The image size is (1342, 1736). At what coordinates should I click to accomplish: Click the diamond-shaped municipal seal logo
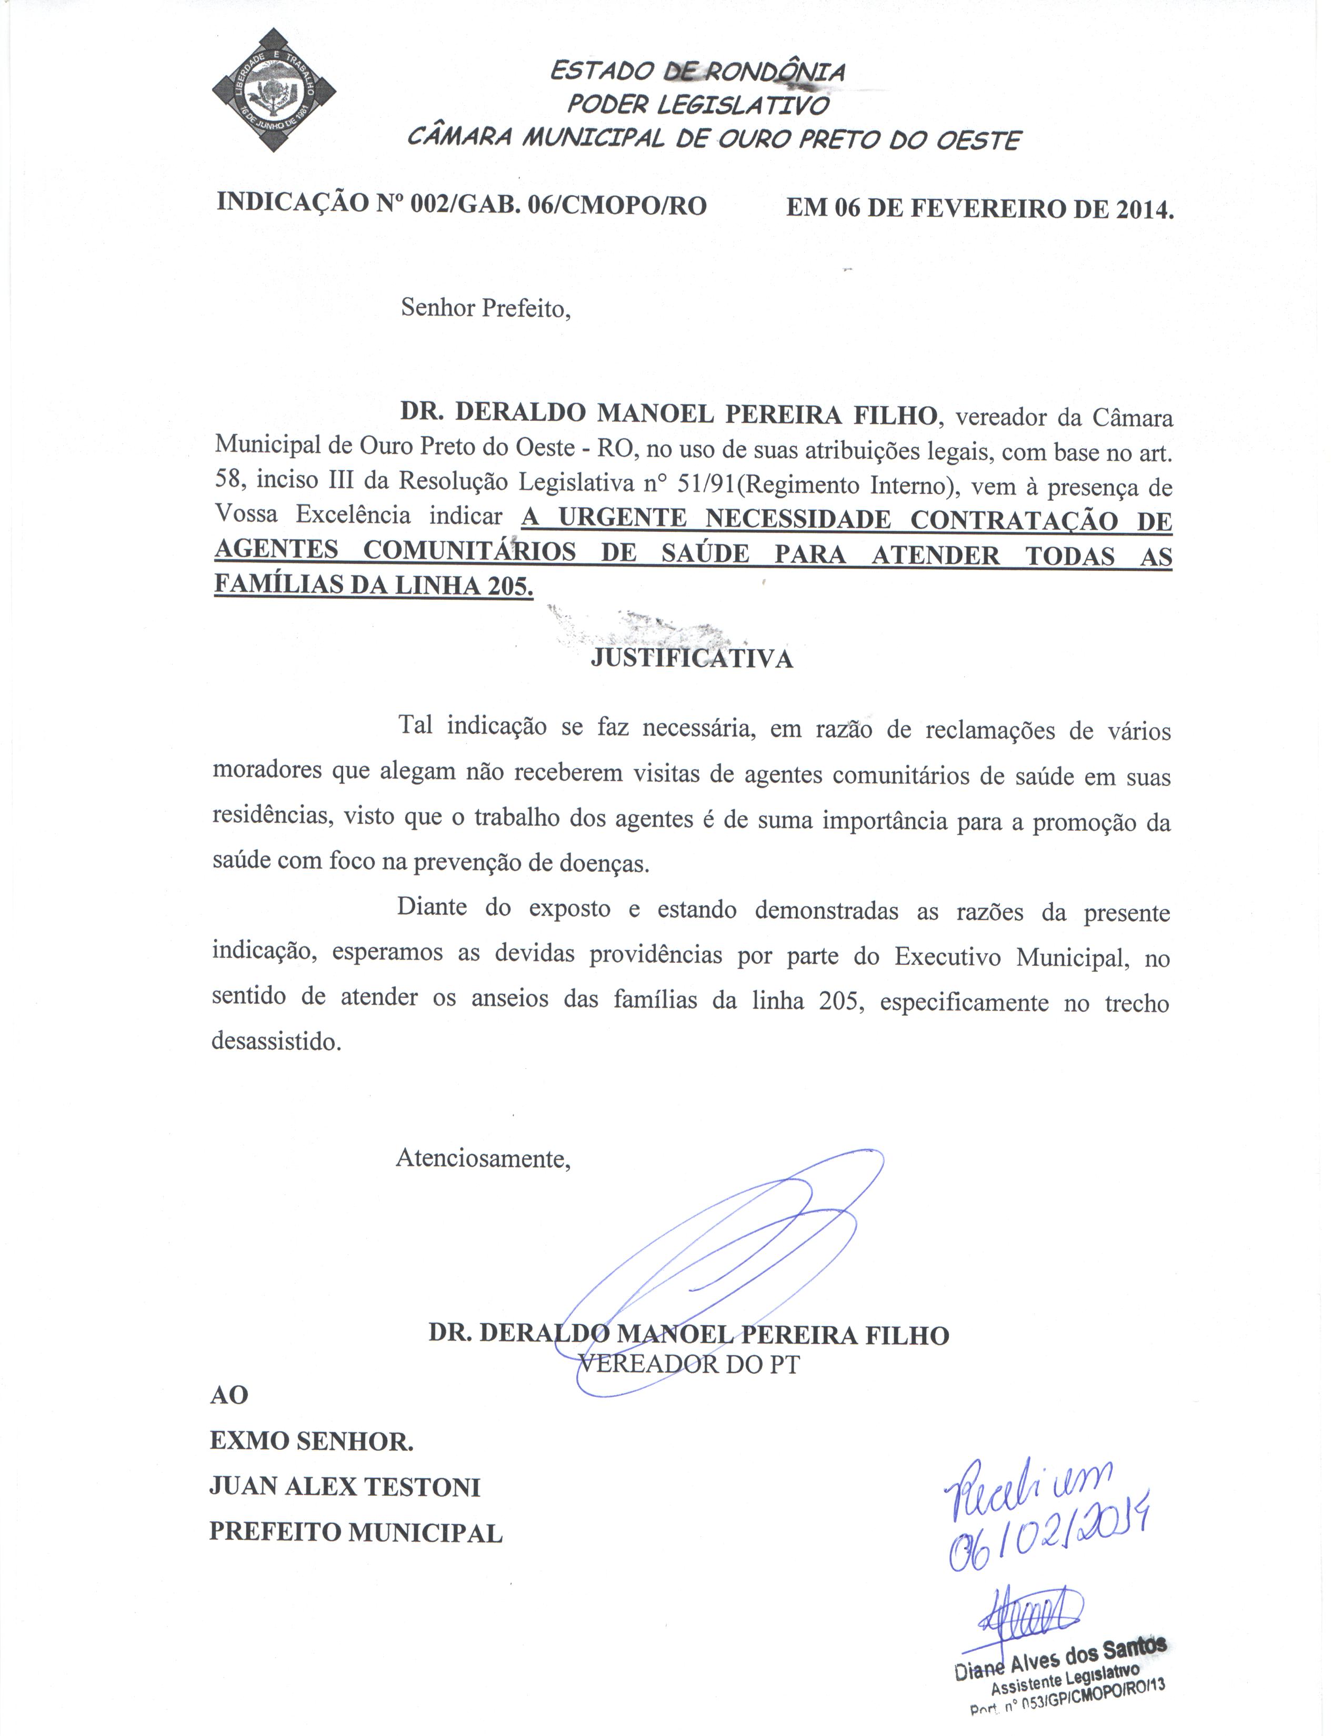[x=274, y=90]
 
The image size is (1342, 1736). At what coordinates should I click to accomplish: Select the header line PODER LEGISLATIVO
[x=698, y=105]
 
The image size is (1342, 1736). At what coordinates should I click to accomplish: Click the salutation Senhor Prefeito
[x=486, y=308]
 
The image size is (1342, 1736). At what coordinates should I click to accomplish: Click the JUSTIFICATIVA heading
[x=692, y=659]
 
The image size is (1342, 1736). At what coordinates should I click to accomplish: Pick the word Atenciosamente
[x=483, y=1158]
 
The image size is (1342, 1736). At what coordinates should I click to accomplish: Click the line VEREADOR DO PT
[x=688, y=1364]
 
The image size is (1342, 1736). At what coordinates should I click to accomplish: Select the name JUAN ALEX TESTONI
[x=344, y=1487]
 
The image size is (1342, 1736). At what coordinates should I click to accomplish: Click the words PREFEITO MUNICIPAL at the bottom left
[x=355, y=1532]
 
